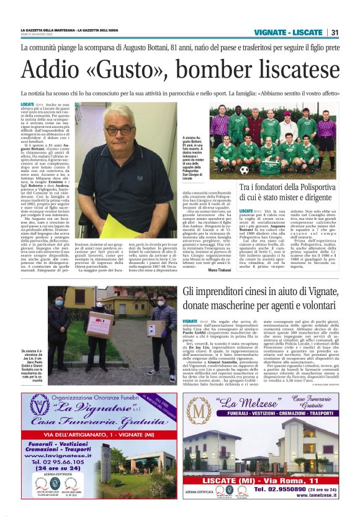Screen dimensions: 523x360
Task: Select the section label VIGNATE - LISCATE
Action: point(287,32)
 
